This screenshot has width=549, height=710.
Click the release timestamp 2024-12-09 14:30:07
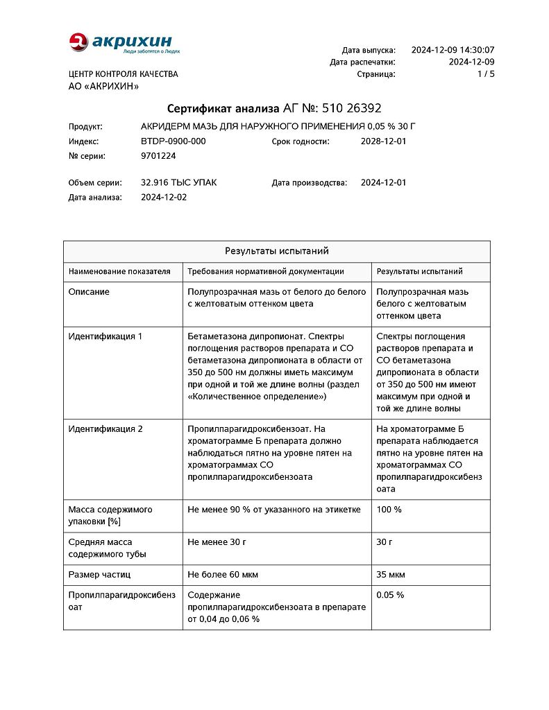[x=453, y=50]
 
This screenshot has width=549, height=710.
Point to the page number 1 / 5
[x=487, y=73]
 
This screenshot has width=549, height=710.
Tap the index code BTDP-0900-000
[x=173, y=141]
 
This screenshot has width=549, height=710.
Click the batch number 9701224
[x=158, y=156]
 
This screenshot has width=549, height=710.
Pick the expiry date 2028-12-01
[x=383, y=141]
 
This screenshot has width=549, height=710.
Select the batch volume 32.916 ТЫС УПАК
[x=178, y=183]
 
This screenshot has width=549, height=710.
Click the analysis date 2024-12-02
[x=164, y=197]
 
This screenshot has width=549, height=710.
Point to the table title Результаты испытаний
[x=276, y=251]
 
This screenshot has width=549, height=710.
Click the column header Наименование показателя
[x=119, y=272]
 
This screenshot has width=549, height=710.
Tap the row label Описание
[x=89, y=292]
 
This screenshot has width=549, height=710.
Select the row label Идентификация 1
[x=105, y=336]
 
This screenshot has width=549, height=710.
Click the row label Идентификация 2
[x=105, y=429]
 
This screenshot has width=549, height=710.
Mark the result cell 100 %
[x=389, y=510]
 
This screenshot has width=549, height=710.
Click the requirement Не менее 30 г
[x=217, y=542]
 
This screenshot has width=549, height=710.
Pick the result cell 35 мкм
[x=391, y=575]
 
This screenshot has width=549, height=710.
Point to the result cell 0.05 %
[x=390, y=595]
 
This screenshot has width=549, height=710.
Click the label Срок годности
[x=301, y=141]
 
